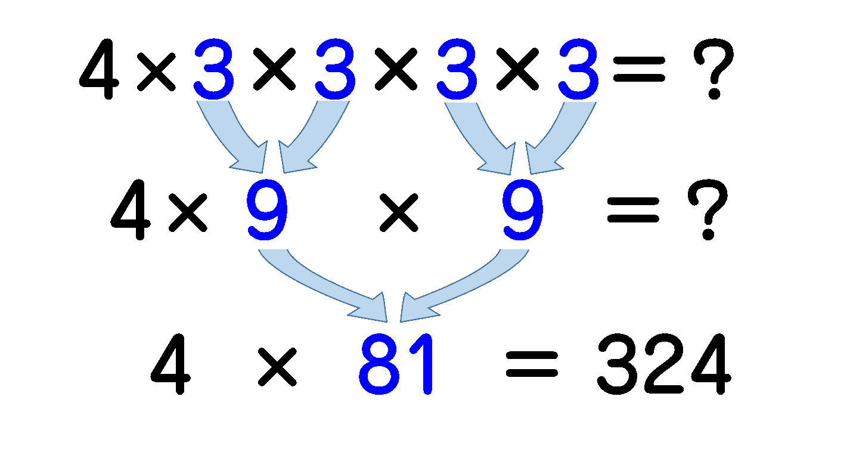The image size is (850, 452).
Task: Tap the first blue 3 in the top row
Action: (213, 69)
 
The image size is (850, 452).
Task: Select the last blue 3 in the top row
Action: (578, 69)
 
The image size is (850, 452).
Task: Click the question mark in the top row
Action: (713, 69)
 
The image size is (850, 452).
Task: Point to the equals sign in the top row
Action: (639, 69)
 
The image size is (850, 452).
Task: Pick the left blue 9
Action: (267, 209)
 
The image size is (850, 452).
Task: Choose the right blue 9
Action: (523, 209)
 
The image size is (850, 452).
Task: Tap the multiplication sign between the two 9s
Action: (399, 212)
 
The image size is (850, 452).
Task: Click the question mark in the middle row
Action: (708, 209)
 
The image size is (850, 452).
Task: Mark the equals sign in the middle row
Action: (633, 210)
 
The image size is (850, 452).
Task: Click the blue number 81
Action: (396, 364)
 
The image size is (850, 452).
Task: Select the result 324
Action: (664, 364)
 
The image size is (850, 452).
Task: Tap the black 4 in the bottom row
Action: (170, 364)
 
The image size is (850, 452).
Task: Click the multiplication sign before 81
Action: (277, 367)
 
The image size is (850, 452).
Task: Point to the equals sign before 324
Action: (532, 364)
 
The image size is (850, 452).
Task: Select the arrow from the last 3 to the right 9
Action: (561, 140)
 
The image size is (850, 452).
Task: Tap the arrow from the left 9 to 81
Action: (322, 289)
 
